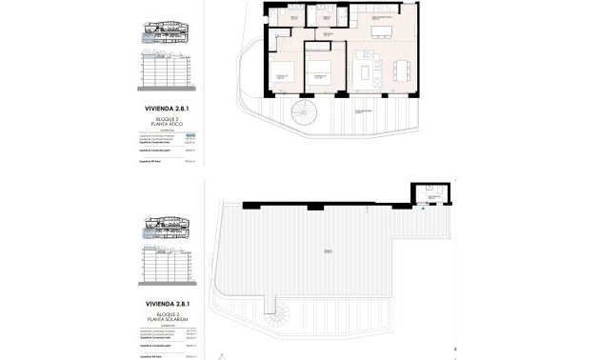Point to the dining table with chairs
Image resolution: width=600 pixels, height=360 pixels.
tap(397, 68)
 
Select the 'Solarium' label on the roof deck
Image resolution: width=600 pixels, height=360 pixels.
tap(327, 250)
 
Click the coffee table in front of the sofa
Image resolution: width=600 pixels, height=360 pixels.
tap(372, 70)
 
